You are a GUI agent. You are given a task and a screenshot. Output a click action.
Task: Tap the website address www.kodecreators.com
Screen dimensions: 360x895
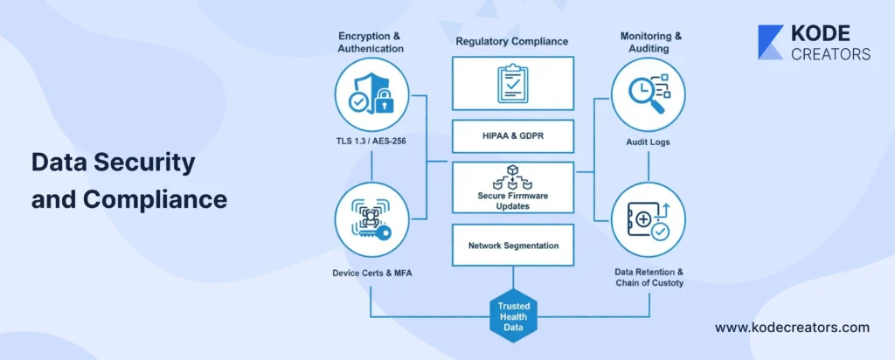click(x=792, y=328)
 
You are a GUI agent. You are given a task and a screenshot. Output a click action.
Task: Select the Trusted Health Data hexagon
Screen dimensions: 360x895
click(x=512, y=315)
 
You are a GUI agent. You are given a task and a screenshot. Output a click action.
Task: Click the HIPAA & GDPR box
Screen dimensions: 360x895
click(x=512, y=135)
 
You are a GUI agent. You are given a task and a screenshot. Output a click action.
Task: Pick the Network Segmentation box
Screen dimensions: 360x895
click(x=512, y=246)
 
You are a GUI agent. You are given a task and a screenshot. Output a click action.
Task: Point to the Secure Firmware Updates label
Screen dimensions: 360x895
click(x=512, y=201)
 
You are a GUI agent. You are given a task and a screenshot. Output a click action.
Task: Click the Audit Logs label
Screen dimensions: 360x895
click(x=648, y=142)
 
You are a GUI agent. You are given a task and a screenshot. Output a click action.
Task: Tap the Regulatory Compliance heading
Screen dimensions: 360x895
click(x=512, y=41)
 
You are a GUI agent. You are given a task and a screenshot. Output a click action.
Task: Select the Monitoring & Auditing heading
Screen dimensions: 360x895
click(x=648, y=43)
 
